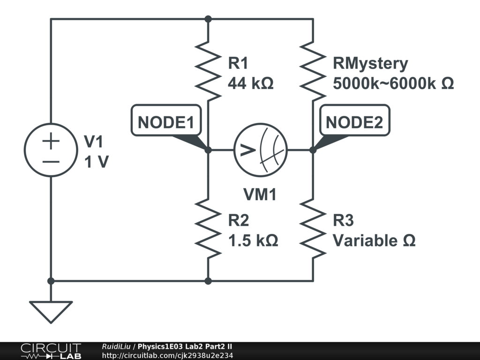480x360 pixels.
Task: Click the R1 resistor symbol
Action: coord(208,70)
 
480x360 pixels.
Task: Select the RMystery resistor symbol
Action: coord(313,70)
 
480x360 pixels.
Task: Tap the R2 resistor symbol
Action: coord(208,228)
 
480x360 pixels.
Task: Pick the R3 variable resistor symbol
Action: coord(313,228)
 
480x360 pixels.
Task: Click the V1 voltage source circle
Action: coord(51,150)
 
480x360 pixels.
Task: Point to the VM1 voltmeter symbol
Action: coord(261,150)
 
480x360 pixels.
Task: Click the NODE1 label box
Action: coord(166,123)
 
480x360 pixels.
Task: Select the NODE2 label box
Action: coord(354,123)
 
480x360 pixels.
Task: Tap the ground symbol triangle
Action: coord(51,311)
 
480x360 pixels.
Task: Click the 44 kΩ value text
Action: coord(250,83)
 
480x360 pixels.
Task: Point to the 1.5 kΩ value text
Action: coord(253,241)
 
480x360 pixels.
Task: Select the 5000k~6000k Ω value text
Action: coord(393,83)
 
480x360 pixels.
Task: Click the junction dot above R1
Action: coord(208,19)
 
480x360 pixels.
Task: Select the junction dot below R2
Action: coord(208,281)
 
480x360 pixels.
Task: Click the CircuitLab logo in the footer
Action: coord(51,351)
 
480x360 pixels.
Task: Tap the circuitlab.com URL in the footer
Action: coord(167,355)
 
